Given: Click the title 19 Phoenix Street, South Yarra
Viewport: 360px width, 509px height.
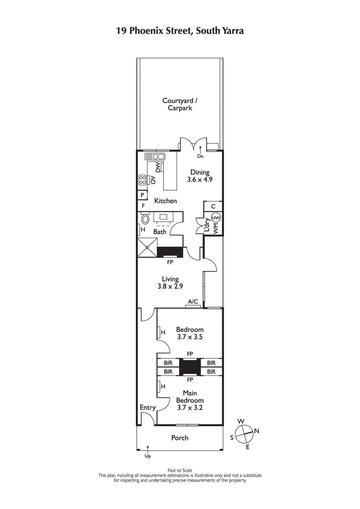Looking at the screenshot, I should [180, 30].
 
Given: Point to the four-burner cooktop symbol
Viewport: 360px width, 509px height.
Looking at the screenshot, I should [143, 180].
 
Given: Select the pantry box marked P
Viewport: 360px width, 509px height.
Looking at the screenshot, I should [142, 195].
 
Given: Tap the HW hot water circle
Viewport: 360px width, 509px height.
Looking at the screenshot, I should [216, 218].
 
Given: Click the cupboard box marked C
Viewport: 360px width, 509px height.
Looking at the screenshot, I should [213, 206].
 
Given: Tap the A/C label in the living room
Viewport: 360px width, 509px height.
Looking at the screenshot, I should [193, 302].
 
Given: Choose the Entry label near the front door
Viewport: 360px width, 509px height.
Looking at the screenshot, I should [148, 407].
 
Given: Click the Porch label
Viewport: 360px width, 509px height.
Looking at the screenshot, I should [180, 438].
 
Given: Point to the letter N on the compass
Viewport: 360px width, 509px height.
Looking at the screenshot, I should [256, 431].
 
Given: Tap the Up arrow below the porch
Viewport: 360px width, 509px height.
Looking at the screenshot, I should [147, 449].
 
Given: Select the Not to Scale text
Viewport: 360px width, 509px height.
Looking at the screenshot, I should [180, 470].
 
